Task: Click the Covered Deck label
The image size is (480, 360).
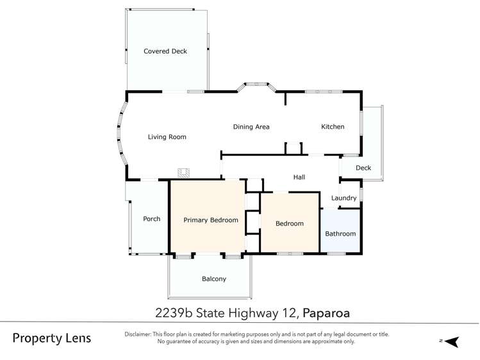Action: coord(165,51)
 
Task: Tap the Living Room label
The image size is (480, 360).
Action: coord(167,137)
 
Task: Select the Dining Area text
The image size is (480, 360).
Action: coord(251,127)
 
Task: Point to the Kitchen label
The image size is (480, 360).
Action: coord(333,127)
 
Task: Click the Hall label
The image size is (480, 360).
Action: coord(299,177)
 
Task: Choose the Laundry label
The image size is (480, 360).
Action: coord(343,198)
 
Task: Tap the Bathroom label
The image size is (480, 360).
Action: coord(340,234)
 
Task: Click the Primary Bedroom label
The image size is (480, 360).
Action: coord(211,220)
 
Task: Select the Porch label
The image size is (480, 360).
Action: coord(152,219)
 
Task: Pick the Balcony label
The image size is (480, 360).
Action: coord(214,279)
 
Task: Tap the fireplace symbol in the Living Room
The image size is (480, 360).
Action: coord(184,172)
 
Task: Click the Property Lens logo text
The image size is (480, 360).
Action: coord(52,338)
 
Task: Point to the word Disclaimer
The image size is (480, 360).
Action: coord(138,334)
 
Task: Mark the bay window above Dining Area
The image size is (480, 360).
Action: coord(257,85)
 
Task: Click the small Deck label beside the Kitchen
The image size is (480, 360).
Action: coord(363,168)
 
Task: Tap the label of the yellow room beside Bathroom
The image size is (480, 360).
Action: coord(289,224)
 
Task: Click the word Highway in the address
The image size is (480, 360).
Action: coord(257,313)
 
